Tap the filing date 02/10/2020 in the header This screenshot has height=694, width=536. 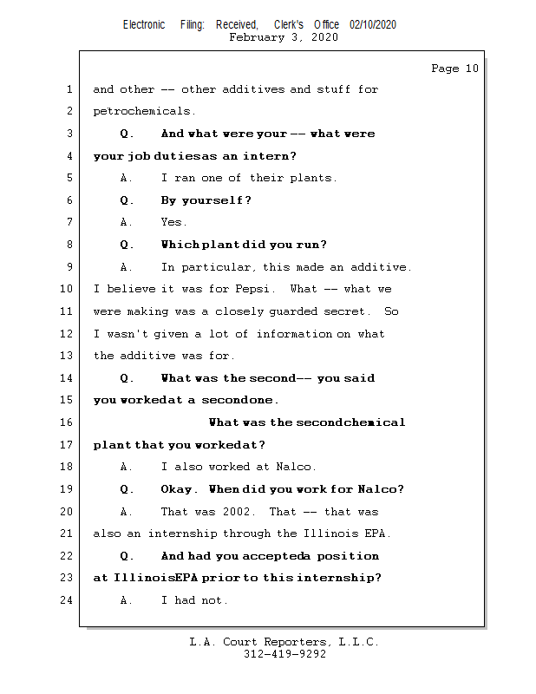pos(373,25)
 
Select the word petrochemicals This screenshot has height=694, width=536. pos(144,111)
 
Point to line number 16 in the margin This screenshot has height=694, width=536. pos(68,422)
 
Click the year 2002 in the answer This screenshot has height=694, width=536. pos(242,512)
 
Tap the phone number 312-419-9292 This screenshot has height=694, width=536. pos(284,654)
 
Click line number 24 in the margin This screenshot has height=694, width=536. pos(68,600)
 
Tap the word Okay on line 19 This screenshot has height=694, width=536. pos(180,489)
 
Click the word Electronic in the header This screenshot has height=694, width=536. pos(144,25)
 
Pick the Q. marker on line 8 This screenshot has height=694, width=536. pos(127,245)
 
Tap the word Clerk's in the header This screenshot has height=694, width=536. pos(288,25)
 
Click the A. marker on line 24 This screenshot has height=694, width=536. pos(127,600)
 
